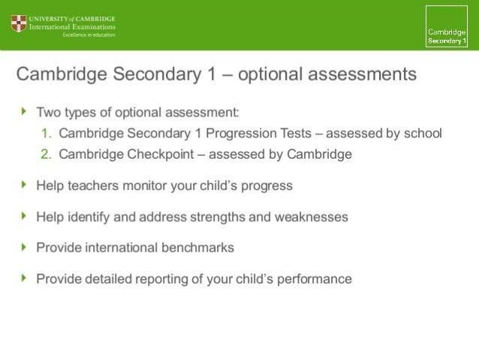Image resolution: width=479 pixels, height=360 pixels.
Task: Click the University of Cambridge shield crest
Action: coord(18,24)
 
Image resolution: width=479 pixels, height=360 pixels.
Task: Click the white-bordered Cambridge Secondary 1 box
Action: coord(447,27)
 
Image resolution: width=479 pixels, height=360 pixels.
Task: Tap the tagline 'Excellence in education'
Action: coord(88,35)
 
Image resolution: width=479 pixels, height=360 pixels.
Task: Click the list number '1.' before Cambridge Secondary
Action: coord(47,134)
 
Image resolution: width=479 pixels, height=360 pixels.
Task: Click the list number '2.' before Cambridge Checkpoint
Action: coord(47,155)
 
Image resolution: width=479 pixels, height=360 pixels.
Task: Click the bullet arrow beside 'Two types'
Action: coord(24,112)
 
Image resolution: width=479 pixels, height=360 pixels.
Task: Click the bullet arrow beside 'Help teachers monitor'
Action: coord(24,185)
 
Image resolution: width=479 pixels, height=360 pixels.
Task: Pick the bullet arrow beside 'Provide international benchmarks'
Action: coord(24,247)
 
